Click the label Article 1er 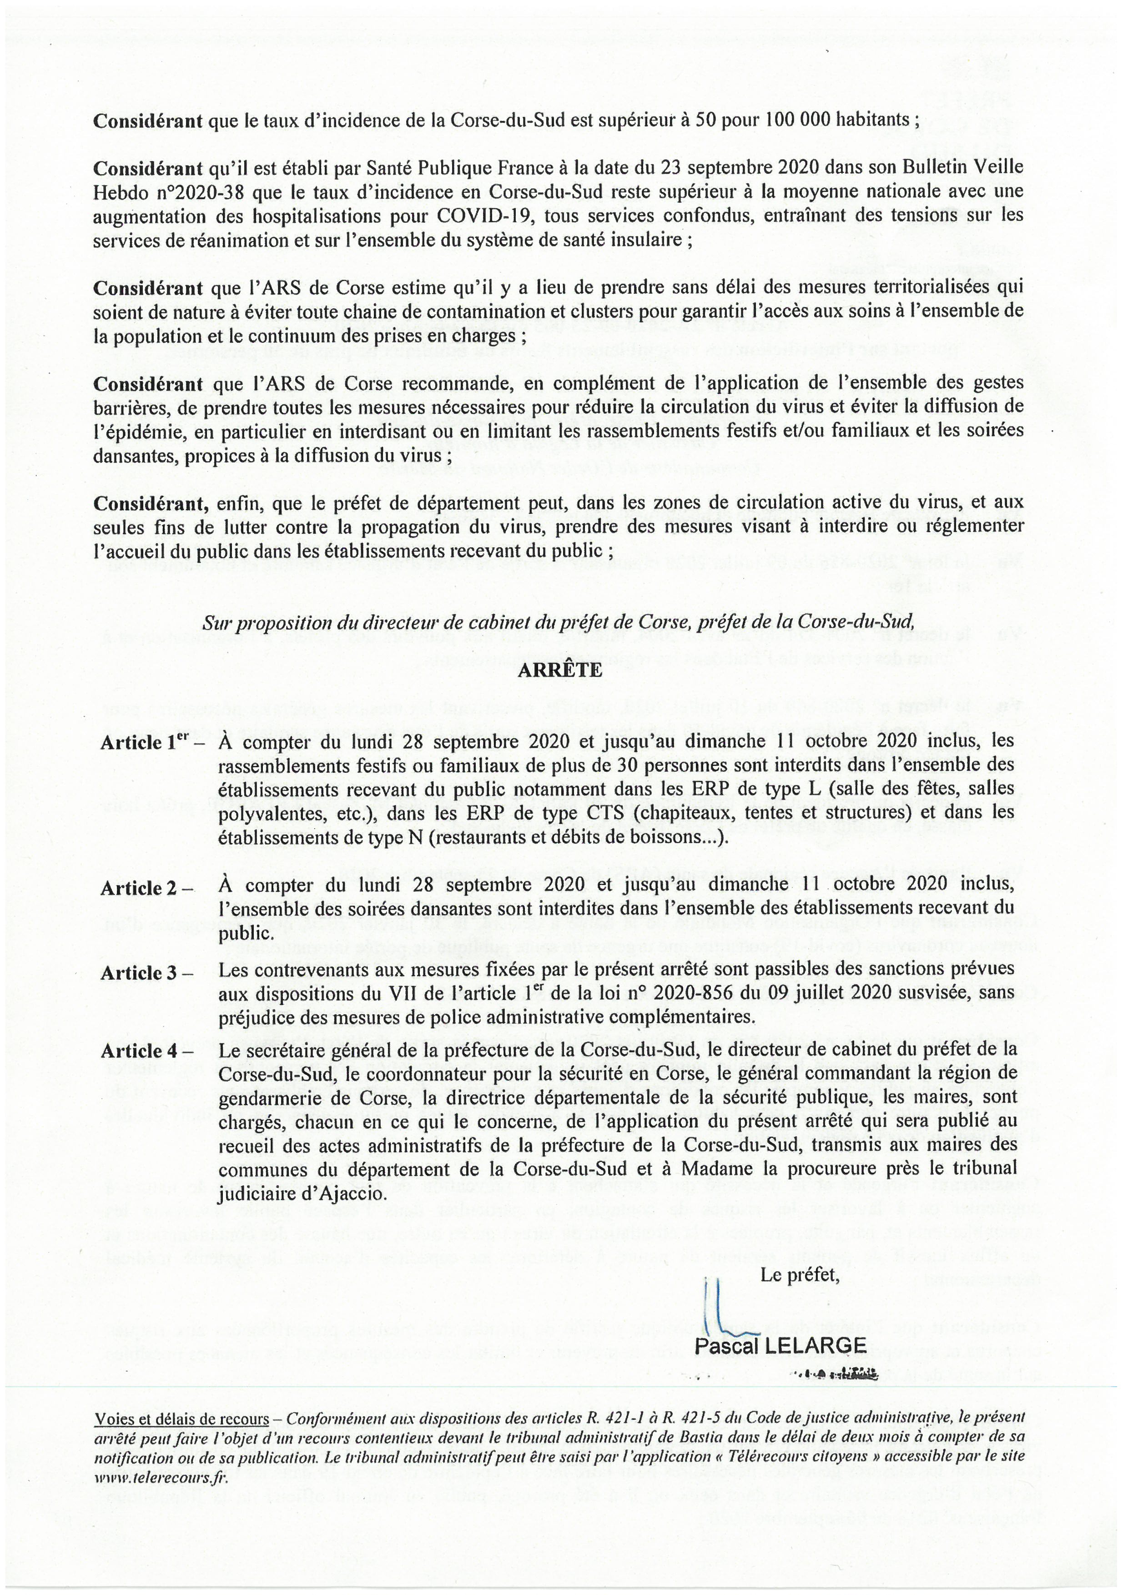point(147,743)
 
